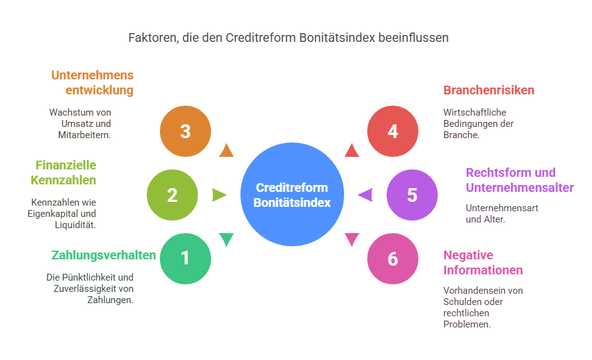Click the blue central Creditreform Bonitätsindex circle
(x=292, y=195)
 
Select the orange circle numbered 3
(x=185, y=131)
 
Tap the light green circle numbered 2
(x=172, y=195)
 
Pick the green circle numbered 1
(x=185, y=258)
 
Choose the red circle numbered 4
(x=392, y=131)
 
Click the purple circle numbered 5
(x=412, y=195)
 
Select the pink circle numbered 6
(x=392, y=258)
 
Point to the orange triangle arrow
(x=226, y=150)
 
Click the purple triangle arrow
(x=365, y=195)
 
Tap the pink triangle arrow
(x=352, y=239)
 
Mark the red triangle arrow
(x=352, y=150)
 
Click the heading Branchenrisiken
(x=489, y=90)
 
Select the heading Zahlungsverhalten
(x=94, y=255)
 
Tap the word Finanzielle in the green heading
(x=66, y=165)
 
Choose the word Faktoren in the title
(x=150, y=37)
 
